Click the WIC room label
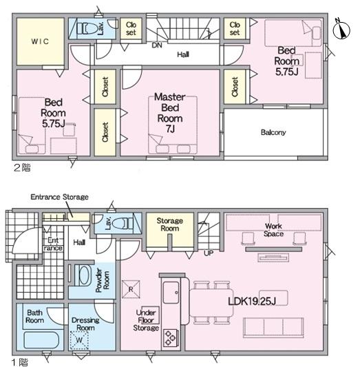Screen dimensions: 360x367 click(x=40, y=42)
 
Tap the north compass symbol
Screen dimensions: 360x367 click(x=341, y=29)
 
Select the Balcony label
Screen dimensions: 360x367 click(x=273, y=132)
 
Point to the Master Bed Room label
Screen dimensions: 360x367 click(x=170, y=113)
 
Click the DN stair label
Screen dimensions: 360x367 click(x=157, y=45)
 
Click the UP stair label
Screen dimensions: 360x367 click(x=209, y=253)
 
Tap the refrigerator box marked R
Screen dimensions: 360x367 click(x=131, y=289)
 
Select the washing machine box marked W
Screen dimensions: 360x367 click(x=79, y=340)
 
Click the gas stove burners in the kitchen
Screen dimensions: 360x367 click(x=171, y=338)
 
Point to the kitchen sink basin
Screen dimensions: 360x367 click(x=171, y=293)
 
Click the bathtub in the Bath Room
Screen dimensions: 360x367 click(x=41, y=340)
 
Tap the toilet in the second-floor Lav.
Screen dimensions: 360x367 click(x=87, y=28)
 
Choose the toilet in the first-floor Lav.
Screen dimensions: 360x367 click(x=123, y=224)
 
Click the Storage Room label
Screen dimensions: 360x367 click(x=170, y=224)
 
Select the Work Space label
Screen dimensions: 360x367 click(x=273, y=230)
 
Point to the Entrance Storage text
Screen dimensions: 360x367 click(x=59, y=197)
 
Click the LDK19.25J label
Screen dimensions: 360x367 click(x=252, y=302)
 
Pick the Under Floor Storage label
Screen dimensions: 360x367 click(x=146, y=320)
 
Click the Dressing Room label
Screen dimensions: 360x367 click(x=85, y=324)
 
